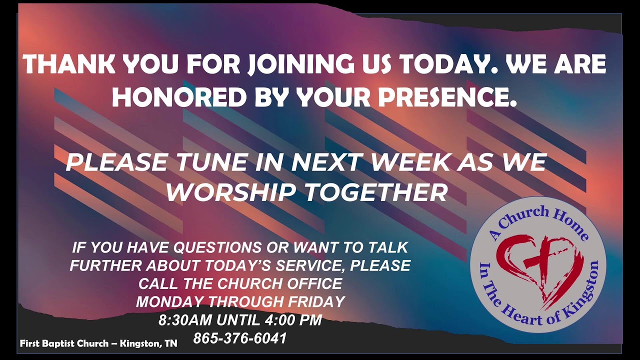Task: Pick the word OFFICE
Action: pos(314,283)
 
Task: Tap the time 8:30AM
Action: pos(185,320)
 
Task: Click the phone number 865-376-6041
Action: pos(240,338)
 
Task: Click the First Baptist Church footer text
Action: pos(98,344)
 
